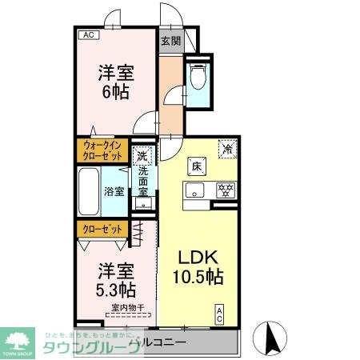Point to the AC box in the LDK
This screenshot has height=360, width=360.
coord(219,315)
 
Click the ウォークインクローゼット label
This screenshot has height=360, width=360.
coord(102,150)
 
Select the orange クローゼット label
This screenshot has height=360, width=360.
coord(102,229)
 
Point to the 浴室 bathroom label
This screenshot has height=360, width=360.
coord(114,191)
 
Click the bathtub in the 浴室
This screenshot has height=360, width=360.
coord(90,190)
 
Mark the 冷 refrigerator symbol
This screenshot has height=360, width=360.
coord(227,148)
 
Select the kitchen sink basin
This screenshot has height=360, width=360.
coord(194,190)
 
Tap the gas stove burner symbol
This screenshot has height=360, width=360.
coord(226,190)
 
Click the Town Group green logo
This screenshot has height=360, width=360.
coord(21,339)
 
